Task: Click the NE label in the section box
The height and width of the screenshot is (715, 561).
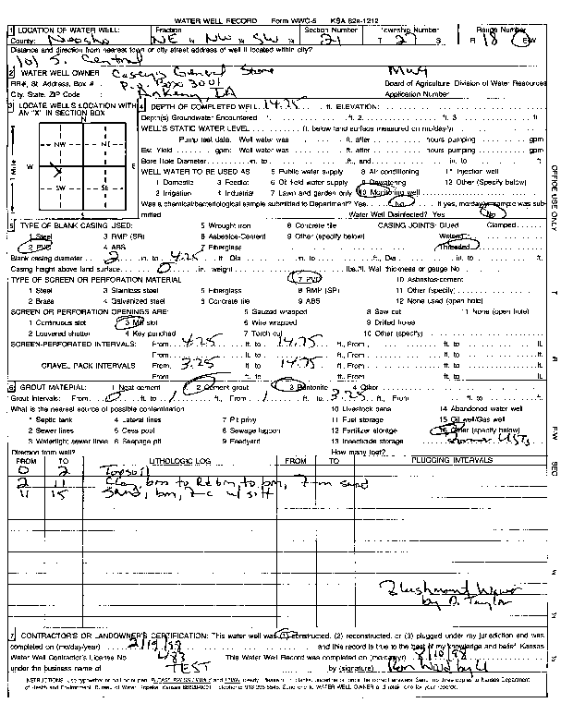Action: [x=107, y=145]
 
